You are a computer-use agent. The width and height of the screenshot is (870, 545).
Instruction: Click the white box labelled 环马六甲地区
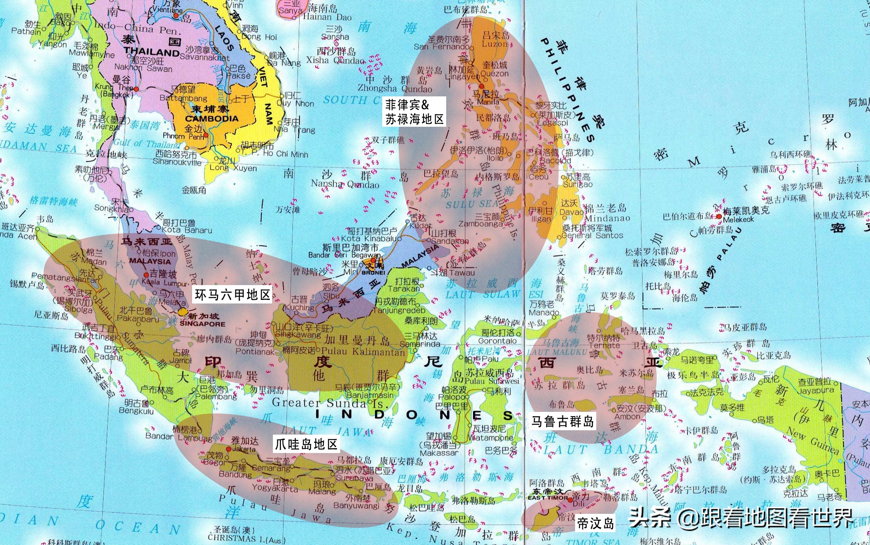232,295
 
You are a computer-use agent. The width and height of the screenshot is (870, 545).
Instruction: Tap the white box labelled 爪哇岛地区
306,444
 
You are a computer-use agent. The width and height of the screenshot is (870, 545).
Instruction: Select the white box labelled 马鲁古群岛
562,421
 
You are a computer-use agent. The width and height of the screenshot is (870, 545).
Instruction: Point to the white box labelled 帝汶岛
595,523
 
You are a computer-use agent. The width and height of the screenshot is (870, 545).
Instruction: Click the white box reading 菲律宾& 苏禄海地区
414,112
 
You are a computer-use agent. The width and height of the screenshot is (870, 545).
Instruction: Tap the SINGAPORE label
202,324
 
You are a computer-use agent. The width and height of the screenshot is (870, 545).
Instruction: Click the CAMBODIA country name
212,118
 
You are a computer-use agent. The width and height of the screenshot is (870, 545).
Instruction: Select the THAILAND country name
152,52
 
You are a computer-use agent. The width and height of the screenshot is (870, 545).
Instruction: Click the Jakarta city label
244,449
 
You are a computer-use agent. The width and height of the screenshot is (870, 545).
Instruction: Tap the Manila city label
488,102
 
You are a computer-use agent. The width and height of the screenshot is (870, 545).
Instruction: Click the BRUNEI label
373,272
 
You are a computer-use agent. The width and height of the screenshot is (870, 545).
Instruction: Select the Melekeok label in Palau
738,219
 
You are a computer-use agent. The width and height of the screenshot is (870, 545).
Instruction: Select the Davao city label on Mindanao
571,212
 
